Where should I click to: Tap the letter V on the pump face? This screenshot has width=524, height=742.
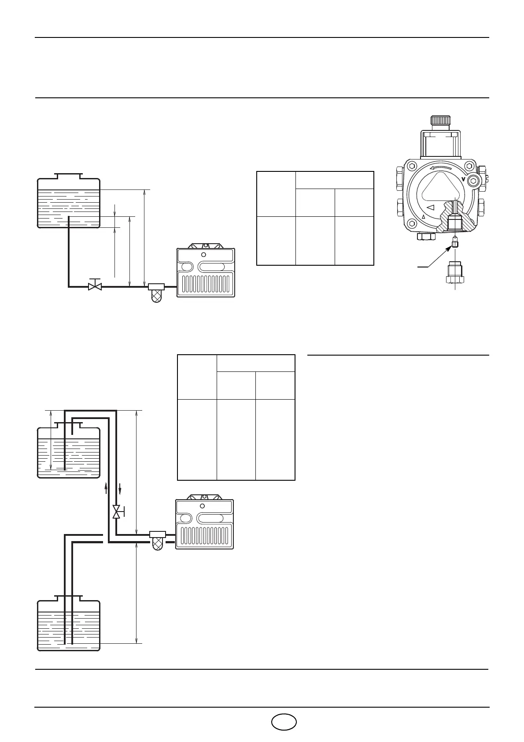(x=463, y=179)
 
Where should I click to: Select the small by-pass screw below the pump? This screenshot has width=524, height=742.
(x=455, y=244)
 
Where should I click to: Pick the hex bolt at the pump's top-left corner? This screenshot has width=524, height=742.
(x=412, y=167)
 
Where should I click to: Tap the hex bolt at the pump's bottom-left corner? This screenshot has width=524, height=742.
(x=412, y=223)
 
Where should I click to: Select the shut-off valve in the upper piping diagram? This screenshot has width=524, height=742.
(x=95, y=286)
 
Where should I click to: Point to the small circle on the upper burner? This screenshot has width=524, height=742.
(x=203, y=255)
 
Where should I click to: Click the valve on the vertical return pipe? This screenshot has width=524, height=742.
(x=117, y=512)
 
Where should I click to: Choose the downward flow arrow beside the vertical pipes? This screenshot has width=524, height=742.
(x=120, y=489)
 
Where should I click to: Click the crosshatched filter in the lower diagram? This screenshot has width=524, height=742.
(x=158, y=543)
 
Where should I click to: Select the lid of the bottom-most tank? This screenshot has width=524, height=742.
(x=68, y=598)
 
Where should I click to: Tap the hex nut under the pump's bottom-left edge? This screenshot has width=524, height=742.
(x=426, y=237)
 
